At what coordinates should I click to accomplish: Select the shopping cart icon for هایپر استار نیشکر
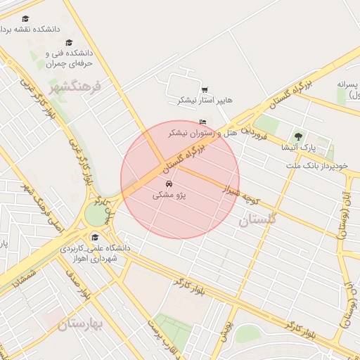204,89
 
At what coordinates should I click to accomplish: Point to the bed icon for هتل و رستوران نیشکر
203,122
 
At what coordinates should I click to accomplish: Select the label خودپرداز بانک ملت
317,165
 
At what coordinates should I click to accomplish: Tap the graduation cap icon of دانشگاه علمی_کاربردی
95,237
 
